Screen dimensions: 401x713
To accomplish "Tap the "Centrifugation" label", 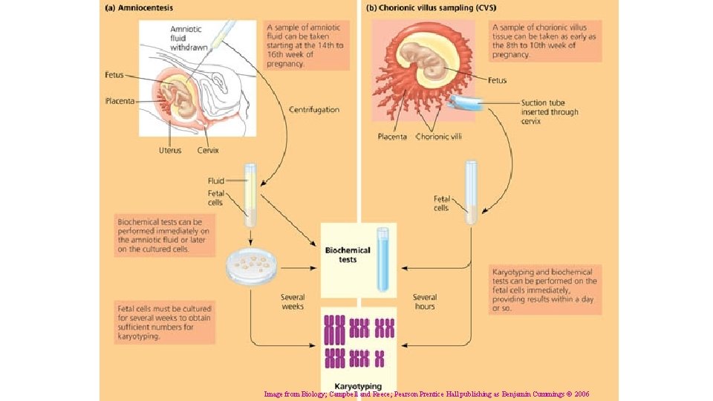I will pyautogui.click(x=314, y=110).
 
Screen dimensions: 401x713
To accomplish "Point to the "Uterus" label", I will pyautogui.click(x=169, y=151).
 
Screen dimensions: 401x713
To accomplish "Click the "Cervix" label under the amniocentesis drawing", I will pyautogui.click(x=207, y=151).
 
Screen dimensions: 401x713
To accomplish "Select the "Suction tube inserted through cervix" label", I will pyautogui.click(x=549, y=112).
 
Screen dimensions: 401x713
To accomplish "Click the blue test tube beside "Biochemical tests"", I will pyautogui.click(x=382, y=258).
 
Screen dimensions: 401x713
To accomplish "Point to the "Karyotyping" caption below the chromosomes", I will pyautogui.click(x=358, y=386).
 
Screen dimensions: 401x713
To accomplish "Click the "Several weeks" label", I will pyautogui.click(x=293, y=301).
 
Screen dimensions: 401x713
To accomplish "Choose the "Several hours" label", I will pyautogui.click(x=425, y=301).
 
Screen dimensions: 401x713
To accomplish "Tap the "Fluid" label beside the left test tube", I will pyautogui.click(x=216, y=180).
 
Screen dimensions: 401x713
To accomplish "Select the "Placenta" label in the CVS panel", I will pyautogui.click(x=391, y=137).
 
